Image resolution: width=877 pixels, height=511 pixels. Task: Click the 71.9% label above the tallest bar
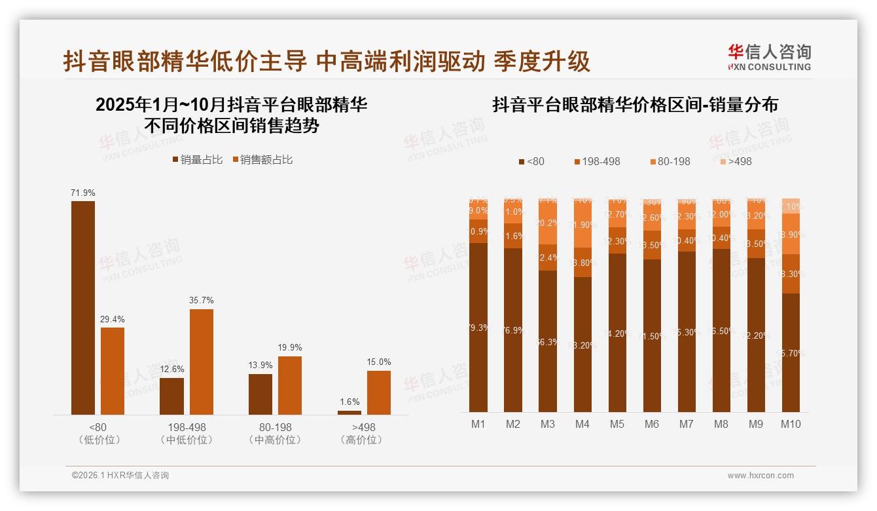point(83,193)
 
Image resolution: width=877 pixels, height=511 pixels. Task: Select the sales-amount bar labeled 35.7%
point(202,362)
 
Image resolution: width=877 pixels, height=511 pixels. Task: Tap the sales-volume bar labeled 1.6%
point(349,412)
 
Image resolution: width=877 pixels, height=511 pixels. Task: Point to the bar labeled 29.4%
point(113,371)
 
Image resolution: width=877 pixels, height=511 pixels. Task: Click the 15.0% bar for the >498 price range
point(379,392)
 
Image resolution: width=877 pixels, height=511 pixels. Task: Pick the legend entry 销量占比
point(198,159)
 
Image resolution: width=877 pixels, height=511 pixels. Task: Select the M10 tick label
point(791,424)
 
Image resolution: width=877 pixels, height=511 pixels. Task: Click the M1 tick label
point(478,424)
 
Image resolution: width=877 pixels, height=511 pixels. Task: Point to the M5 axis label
point(617,424)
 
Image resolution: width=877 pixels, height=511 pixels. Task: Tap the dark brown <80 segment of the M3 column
point(548,341)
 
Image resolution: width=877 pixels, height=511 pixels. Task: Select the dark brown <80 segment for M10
point(791,352)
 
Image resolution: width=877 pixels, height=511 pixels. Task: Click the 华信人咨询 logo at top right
point(769,57)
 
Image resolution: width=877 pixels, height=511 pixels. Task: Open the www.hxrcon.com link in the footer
point(761,476)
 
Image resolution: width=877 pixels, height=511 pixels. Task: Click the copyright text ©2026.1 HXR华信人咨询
point(120,476)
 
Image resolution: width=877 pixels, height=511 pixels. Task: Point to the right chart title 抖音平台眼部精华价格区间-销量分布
point(635,105)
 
